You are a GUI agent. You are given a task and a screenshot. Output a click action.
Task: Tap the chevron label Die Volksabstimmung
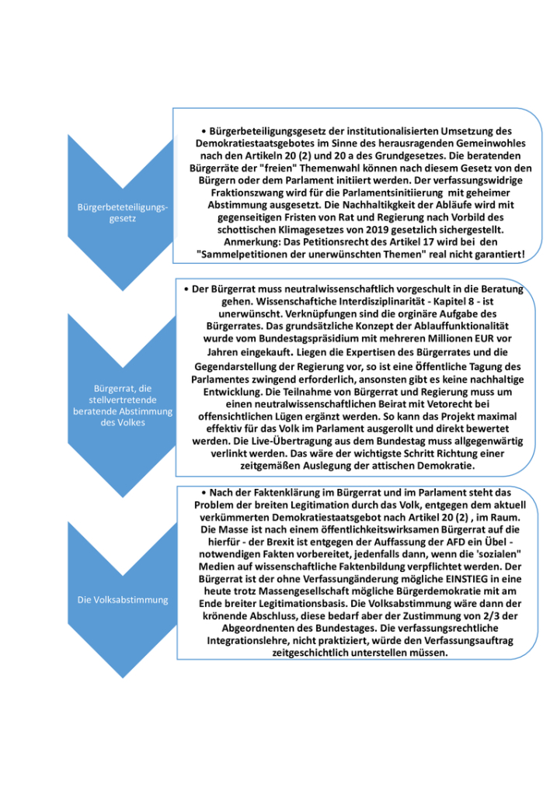point(123,599)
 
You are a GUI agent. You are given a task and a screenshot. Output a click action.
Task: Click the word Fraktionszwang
point(240,192)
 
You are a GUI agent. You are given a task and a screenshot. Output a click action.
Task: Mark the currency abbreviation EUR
point(497,339)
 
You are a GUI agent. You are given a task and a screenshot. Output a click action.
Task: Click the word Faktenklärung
point(276,492)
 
